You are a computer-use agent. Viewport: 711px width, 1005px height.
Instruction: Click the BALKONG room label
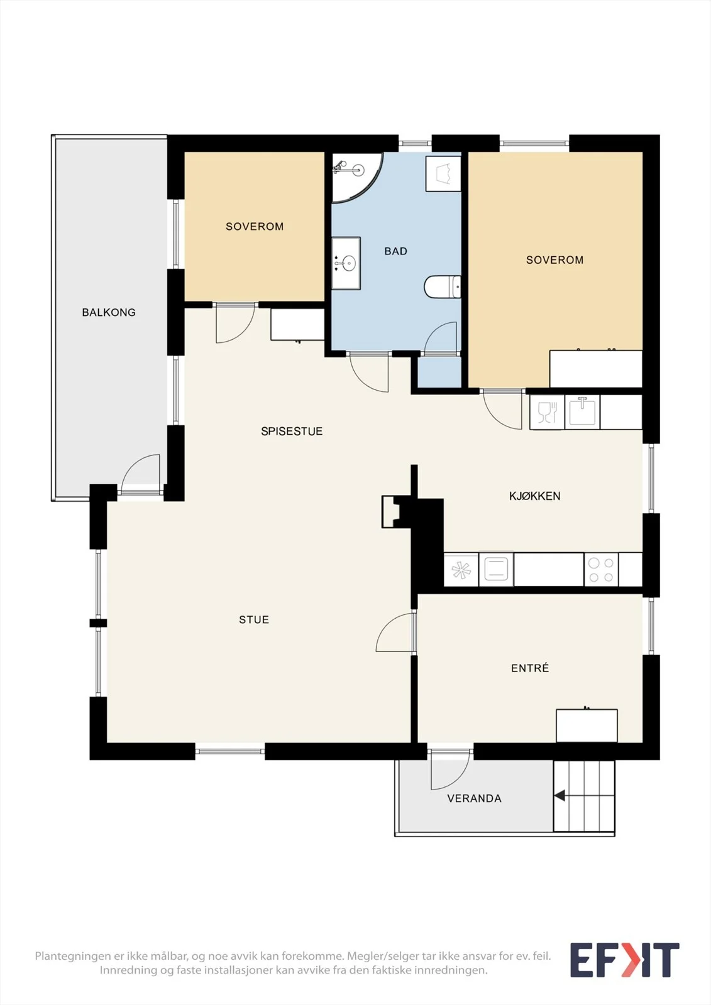109,312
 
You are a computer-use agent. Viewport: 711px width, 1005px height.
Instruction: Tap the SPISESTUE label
292,431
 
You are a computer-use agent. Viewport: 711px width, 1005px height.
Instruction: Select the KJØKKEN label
534,496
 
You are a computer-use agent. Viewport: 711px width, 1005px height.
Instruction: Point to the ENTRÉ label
530,668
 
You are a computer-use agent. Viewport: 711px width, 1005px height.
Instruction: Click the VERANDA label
474,798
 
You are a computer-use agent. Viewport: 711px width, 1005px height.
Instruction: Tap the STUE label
254,619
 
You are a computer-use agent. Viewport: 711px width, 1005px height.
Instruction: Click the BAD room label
395,251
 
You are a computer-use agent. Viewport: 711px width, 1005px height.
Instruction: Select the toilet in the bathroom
443,286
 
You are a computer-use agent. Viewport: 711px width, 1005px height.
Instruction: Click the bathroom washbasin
346,263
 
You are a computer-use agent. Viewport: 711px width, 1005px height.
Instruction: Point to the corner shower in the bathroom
357,178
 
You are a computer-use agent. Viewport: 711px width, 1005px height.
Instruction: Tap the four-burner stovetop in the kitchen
601,569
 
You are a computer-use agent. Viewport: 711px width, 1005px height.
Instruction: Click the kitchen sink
582,412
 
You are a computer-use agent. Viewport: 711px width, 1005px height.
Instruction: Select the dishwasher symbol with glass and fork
547,412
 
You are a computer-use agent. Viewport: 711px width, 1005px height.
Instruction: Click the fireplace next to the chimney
391,511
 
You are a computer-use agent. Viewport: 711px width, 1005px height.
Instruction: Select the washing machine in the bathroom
443,174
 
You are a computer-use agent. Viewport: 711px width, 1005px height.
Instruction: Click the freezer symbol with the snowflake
461,570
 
